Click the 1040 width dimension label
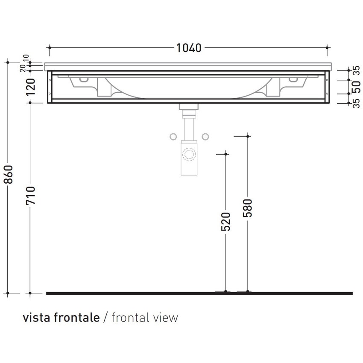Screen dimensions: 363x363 [x=188, y=48]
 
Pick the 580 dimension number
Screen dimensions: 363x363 [x=248, y=207]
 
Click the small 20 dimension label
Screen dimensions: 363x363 [x=22, y=69]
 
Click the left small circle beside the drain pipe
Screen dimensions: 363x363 [x=173, y=137]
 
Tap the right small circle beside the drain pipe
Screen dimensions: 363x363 [x=205, y=137]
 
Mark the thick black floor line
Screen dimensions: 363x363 [x=199, y=293]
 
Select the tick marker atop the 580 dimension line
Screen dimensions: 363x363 [x=248, y=136]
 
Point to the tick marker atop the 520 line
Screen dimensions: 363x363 [x=226, y=154]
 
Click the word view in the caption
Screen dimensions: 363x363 [x=167, y=318]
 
